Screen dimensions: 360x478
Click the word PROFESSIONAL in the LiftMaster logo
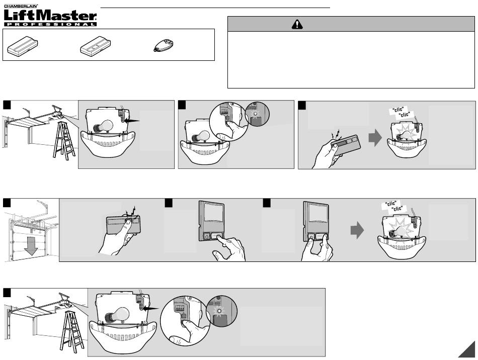[50, 24]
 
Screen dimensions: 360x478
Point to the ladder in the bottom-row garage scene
[72, 330]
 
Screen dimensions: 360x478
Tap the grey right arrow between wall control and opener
[357, 231]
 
